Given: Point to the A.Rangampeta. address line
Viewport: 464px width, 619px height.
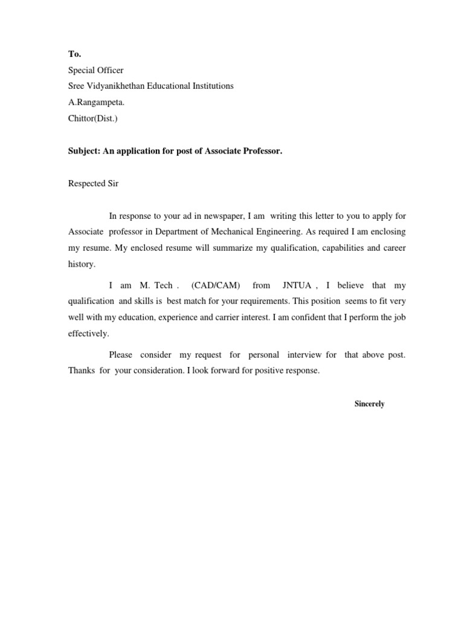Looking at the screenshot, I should click(x=96, y=102).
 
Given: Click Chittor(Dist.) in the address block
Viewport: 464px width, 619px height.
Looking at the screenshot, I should click(x=93, y=118).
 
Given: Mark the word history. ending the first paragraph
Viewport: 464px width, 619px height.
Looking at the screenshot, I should click(x=82, y=264).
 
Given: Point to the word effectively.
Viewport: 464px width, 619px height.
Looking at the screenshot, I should click(x=89, y=333).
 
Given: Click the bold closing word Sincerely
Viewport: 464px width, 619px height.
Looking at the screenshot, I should click(x=369, y=404).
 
